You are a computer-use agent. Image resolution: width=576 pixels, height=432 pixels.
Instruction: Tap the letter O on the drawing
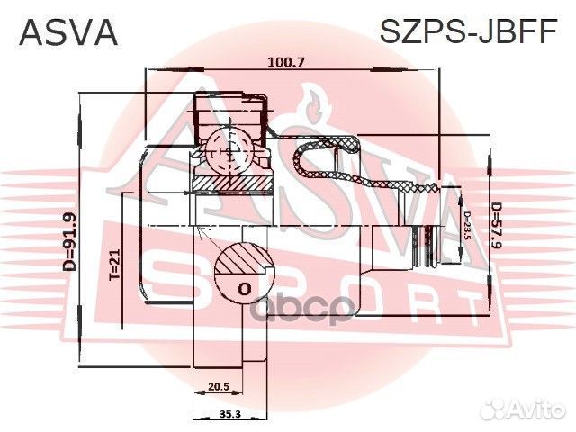[243, 289]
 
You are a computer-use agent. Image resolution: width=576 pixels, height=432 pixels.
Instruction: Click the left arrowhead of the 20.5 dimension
[196, 392]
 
